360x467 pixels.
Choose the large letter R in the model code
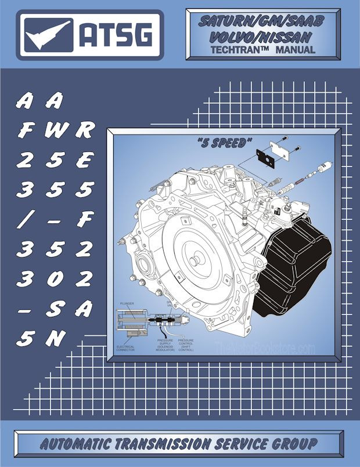pos(85,131)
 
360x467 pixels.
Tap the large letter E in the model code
pos(85,161)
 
